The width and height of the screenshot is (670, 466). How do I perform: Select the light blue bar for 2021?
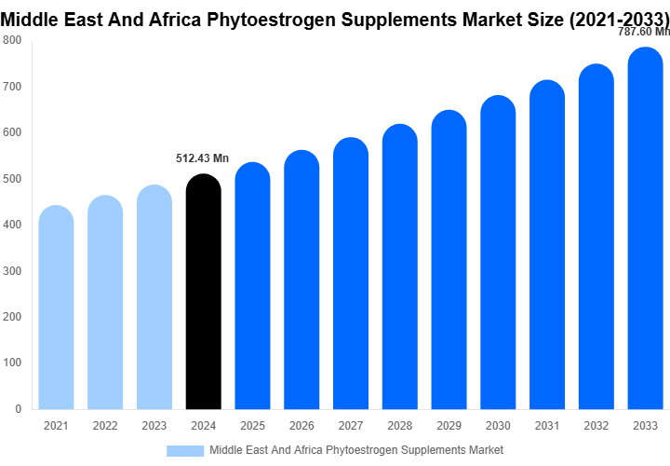coord(56,308)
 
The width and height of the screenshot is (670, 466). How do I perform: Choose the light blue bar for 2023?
coord(154,297)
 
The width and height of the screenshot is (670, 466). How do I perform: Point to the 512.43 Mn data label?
coord(202,158)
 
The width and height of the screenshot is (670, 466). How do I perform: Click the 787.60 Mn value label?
coord(644,31)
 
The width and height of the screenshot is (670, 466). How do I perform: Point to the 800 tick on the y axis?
coord(12,40)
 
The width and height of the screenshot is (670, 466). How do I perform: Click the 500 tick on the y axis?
coord(12,178)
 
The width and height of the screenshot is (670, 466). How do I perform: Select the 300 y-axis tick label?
coord(12,270)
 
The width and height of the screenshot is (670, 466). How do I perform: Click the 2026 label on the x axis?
coord(301,426)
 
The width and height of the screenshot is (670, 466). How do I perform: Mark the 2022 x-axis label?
coord(105,426)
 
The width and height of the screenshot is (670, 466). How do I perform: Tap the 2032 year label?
coord(596,426)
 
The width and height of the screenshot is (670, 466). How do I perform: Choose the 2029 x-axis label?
coord(449,426)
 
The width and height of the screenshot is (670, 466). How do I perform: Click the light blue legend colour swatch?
coord(185,450)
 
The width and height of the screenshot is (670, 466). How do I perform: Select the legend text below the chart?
coord(356,450)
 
